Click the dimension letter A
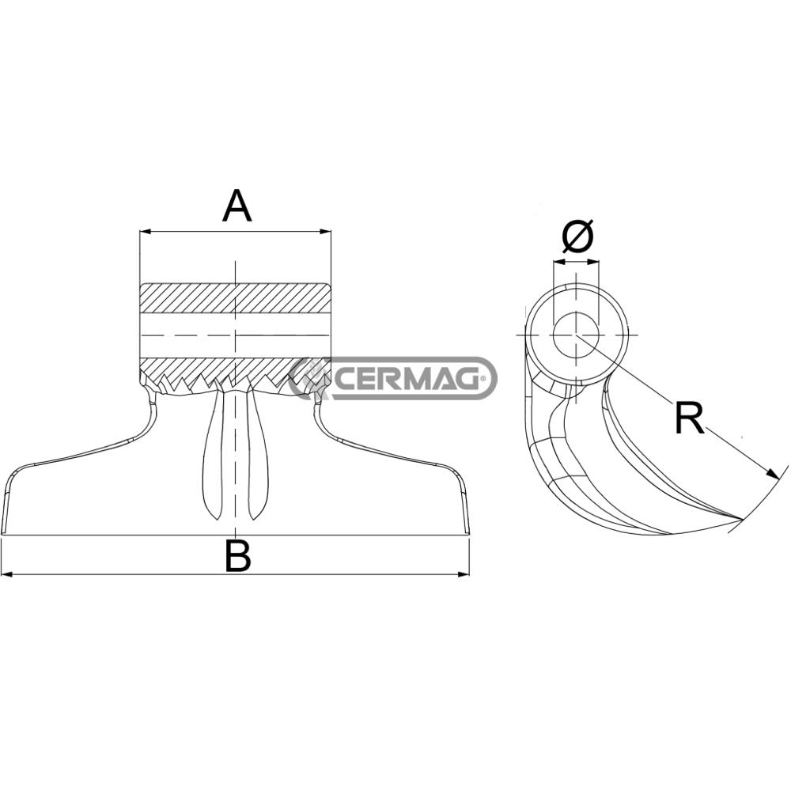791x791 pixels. [237, 207]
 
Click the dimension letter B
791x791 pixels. [237, 555]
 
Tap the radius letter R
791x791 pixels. [689, 418]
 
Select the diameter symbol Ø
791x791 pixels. [577, 237]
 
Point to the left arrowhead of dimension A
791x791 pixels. [144, 233]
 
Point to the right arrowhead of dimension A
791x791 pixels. [325, 233]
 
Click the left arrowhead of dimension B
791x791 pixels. [6, 574]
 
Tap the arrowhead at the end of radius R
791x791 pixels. [773, 474]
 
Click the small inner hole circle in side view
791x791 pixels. [577, 334]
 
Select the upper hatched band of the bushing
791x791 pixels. [235, 297]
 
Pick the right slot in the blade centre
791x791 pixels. [258, 459]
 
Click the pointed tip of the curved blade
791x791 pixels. [740, 520]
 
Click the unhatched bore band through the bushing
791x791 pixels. [235, 335]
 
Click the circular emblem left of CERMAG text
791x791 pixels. [311, 377]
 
